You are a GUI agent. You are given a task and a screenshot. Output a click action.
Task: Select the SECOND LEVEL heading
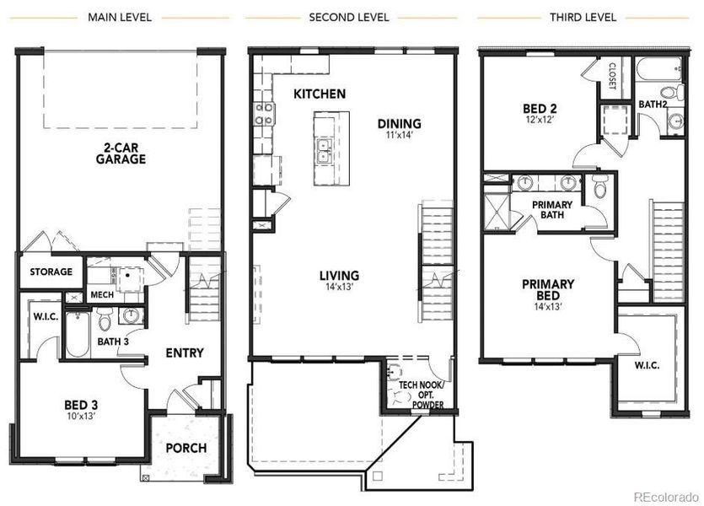coord(349,17)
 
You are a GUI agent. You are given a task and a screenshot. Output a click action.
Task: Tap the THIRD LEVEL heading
coord(583,17)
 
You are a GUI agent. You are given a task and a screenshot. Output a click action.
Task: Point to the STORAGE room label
coord(51,272)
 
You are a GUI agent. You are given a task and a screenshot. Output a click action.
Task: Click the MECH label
coord(101,295)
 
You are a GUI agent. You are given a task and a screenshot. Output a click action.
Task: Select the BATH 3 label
coord(114,342)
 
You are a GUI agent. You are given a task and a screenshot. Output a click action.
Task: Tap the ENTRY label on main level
coord(184,353)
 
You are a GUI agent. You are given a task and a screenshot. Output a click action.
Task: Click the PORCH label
coord(185,447)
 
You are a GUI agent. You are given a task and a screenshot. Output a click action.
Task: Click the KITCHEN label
coord(319,94)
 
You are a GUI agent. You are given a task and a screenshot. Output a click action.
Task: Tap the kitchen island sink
coord(324,151)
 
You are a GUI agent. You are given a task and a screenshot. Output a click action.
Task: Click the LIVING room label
coord(339,276)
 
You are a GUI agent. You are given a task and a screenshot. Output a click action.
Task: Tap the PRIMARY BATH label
coord(552,210)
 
